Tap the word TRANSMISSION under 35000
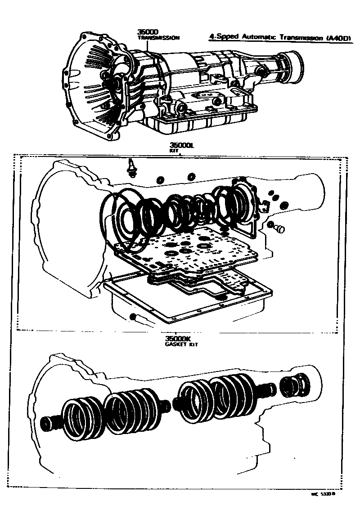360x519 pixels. (x=158, y=38)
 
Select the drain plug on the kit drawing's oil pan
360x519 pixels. (x=134, y=317)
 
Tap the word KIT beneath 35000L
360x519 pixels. (x=174, y=151)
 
